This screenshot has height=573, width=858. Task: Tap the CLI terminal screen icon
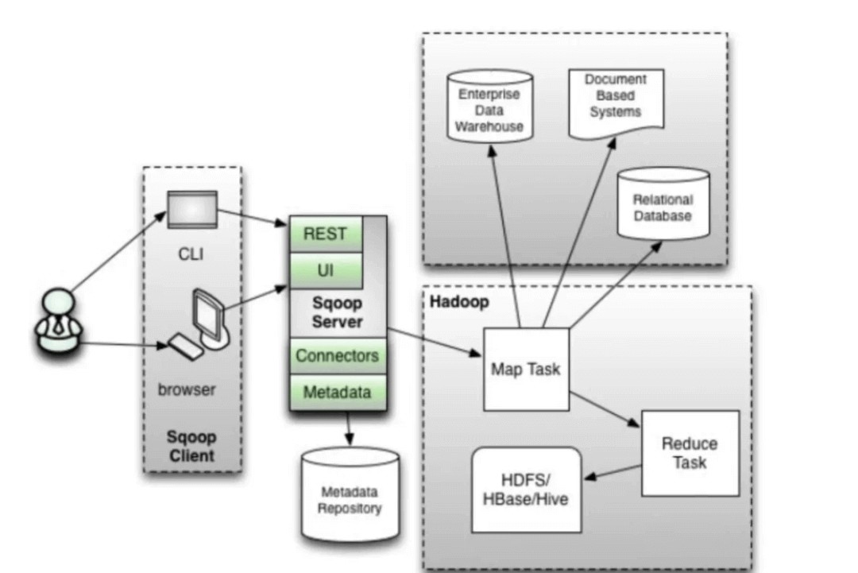tap(191, 209)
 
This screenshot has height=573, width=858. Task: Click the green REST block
tap(325, 234)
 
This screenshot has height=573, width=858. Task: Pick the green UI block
tap(325, 271)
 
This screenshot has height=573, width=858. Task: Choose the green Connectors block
tap(337, 355)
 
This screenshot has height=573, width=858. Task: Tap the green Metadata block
tap(337, 392)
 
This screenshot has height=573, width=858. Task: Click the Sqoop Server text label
tap(337, 313)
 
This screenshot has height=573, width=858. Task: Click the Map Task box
tap(525, 369)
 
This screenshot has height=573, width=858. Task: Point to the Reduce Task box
tap(690, 453)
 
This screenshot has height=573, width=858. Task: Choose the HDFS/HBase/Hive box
tap(526, 490)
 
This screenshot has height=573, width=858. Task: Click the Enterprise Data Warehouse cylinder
tap(490, 107)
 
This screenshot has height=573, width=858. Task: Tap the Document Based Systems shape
tap(616, 99)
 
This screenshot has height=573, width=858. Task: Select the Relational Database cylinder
tap(663, 205)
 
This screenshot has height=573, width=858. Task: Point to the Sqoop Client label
tap(191, 447)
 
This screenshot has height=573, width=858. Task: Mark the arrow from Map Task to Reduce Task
tap(605, 408)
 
